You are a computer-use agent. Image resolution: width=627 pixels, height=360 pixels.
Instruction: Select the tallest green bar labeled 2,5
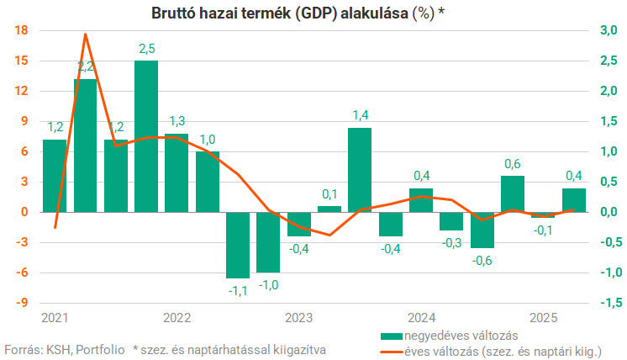[146, 135]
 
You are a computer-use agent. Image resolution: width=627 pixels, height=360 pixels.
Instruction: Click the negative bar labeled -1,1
[238, 244]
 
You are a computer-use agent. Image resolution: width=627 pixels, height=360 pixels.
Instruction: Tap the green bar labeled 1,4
[360, 168]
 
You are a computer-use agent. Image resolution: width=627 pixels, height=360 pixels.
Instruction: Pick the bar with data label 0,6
[513, 193]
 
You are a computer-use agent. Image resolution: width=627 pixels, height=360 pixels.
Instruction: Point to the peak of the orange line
[86, 34]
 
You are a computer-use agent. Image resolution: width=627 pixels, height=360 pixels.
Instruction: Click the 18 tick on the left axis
[23, 31]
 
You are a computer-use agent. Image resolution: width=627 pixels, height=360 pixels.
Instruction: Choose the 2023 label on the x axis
[298, 318]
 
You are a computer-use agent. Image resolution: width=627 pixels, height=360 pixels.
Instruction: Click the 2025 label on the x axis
[544, 318]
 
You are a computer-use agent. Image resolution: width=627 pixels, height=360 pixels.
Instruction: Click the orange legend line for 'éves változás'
[390, 350]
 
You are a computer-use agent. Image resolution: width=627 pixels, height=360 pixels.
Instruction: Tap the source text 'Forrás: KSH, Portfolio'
[65, 348]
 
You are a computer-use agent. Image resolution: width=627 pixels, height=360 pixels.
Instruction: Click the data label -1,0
[268, 285]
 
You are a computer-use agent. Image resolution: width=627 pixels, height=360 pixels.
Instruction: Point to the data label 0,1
[329, 193]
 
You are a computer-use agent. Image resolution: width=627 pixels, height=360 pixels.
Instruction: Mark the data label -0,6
[482, 261]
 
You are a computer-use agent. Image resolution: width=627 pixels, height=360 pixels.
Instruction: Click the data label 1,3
[177, 121]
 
